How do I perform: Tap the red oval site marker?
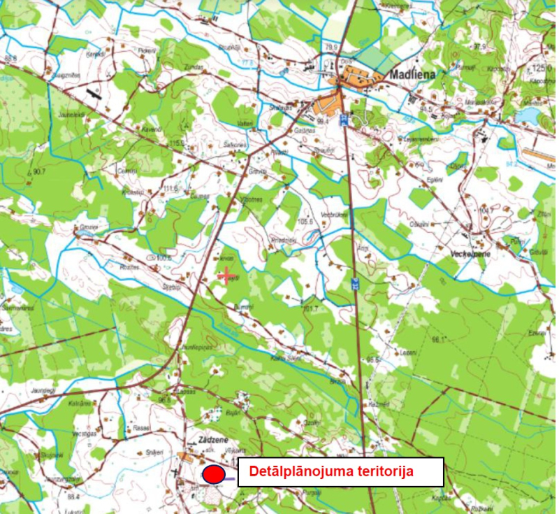tap(214, 474)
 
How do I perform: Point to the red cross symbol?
tap(226, 278)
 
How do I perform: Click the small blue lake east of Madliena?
tap(529, 115)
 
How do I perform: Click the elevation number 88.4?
tap(73, 497)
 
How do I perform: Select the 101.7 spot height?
tap(310, 308)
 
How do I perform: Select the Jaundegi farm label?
tap(43, 390)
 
